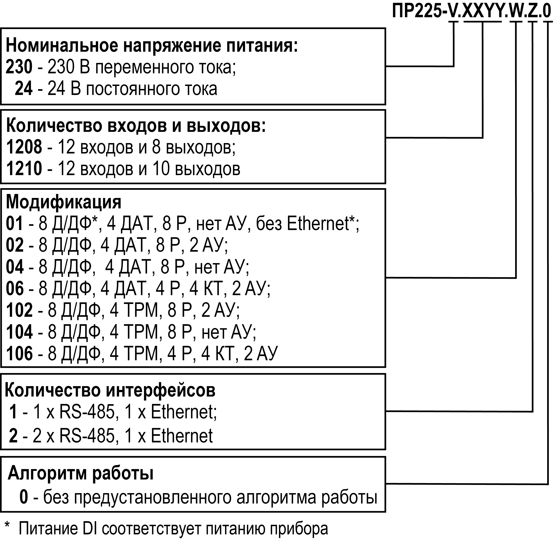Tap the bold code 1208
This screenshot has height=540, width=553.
[24, 147]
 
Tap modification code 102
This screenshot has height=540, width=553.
[19, 310]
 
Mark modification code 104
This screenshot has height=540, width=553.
[19, 332]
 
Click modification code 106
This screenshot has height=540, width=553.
[19, 353]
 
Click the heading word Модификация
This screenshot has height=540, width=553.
[64, 203]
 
